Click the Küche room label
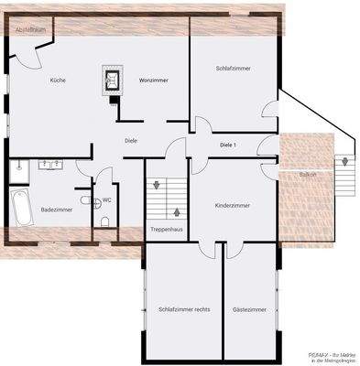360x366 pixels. pos(57,81)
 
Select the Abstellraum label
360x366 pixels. pos(28,30)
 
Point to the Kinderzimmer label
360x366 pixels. pos(232,206)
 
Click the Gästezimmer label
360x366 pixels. pos(248,310)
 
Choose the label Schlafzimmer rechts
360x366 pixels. pos(184,310)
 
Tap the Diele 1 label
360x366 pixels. pos(228,145)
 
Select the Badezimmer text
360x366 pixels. pos(56,210)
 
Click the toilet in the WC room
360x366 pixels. pos(105,221)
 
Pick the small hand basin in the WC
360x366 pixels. pos(86,200)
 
